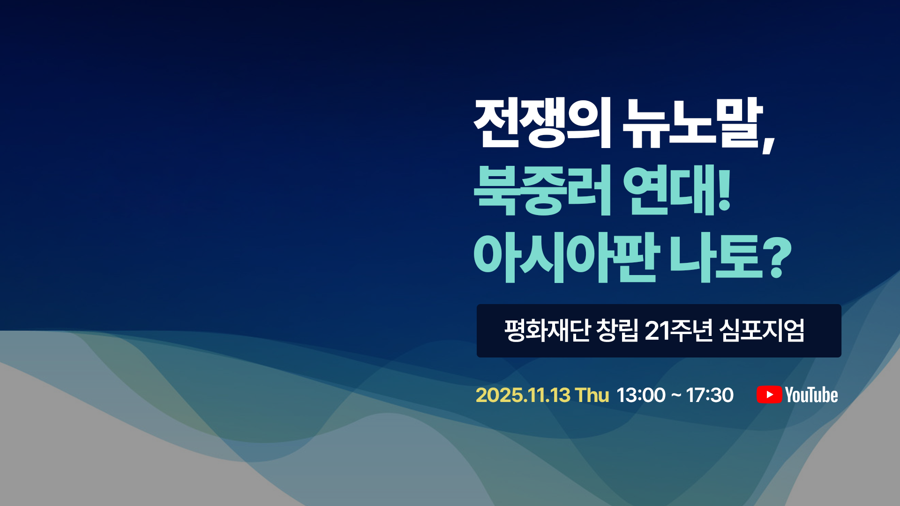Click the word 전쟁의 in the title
point(542,123)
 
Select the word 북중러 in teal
point(542,190)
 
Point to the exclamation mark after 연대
point(724,188)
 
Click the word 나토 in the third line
point(717,257)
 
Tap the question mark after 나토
point(779,257)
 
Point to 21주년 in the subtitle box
point(679,330)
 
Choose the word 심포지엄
point(762,330)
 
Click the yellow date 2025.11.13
point(523,395)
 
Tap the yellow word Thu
point(592,395)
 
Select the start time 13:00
point(641,395)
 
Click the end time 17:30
point(710,395)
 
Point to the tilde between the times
point(676,395)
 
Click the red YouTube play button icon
point(769,394)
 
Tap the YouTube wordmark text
point(811,395)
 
